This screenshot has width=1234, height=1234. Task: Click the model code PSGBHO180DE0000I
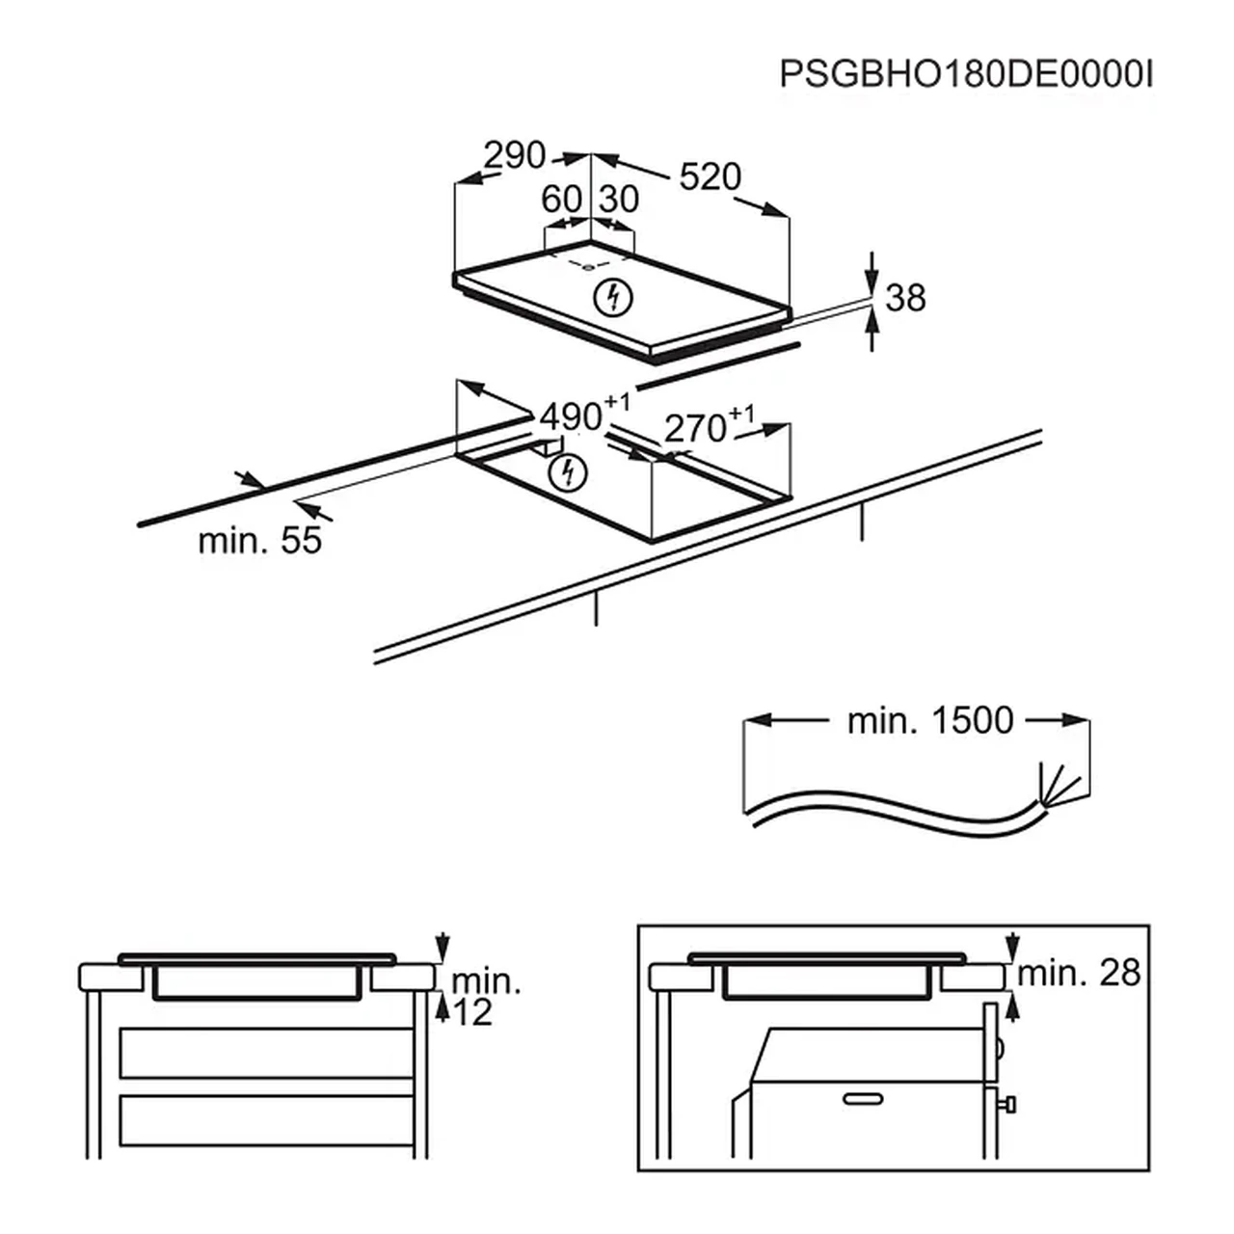[x=966, y=75]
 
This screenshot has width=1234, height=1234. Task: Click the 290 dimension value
[x=514, y=155]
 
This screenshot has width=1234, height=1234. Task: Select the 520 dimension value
[x=711, y=176]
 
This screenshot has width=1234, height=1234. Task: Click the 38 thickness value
[x=905, y=298]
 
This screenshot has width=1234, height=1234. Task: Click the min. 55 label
[x=259, y=540]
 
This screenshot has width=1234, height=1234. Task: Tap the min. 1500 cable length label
[x=930, y=721]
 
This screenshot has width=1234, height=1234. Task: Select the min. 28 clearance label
[x=1079, y=973]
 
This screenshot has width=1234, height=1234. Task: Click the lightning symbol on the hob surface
[x=613, y=299]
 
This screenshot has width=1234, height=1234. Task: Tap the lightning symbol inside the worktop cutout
[x=568, y=473]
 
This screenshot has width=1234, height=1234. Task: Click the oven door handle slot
[x=863, y=1100]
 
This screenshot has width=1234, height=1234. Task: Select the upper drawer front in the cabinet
[x=266, y=1054]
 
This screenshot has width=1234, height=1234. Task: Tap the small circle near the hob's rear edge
[x=587, y=268]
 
